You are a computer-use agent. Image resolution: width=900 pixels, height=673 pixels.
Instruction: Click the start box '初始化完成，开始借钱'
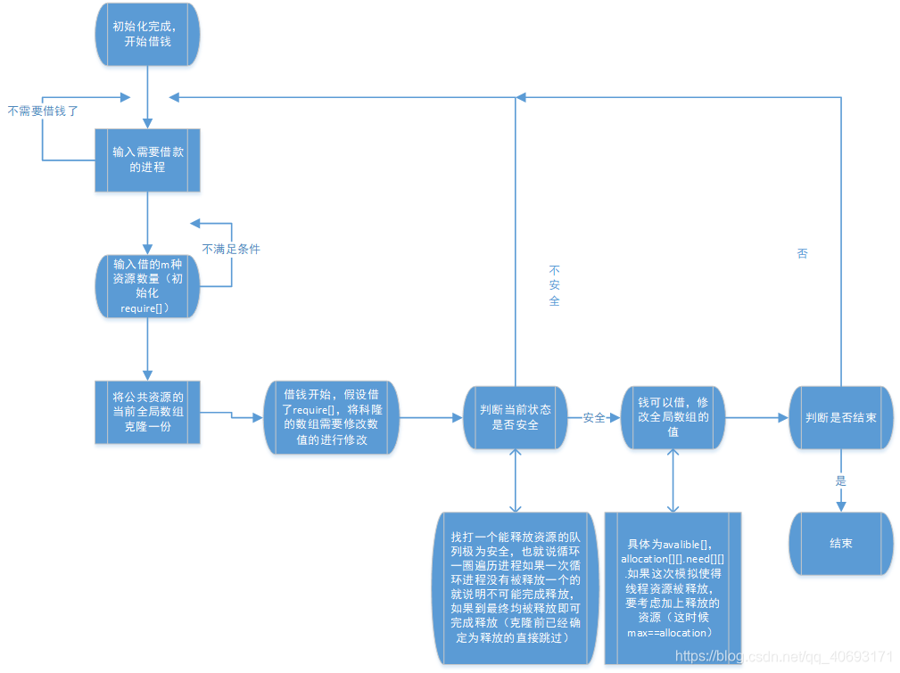[x=147, y=35]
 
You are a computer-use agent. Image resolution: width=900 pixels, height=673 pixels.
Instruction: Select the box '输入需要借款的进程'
[x=147, y=160]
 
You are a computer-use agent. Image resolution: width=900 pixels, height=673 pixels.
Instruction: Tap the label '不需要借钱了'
[x=43, y=111]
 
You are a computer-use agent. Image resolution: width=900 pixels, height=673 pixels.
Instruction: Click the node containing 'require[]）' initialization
[x=147, y=285]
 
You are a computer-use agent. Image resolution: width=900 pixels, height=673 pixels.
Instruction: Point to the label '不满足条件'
[x=231, y=249]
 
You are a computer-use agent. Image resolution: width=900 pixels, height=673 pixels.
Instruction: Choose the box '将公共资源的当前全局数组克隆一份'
[x=147, y=412]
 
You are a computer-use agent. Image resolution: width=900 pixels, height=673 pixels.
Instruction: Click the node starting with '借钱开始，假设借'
[x=330, y=417]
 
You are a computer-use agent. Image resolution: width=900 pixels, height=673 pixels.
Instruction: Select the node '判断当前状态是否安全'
[x=516, y=417]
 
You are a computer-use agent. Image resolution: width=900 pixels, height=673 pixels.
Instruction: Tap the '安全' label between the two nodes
[x=594, y=417]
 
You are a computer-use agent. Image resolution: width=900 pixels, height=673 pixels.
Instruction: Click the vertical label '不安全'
[x=554, y=285]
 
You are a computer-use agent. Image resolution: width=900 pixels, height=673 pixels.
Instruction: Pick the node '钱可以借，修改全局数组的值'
[x=673, y=417]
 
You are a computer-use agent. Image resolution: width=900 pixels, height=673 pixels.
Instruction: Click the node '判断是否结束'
[x=840, y=417]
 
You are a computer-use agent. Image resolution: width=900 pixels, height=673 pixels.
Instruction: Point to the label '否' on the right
[x=802, y=253]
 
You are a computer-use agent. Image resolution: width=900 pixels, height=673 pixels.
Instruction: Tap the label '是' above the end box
[x=839, y=480]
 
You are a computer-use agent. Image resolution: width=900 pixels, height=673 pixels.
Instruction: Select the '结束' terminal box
[x=840, y=542]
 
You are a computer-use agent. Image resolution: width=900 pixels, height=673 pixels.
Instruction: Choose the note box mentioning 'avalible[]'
[x=673, y=588]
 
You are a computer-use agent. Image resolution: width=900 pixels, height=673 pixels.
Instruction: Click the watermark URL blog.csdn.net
[x=785, y=655]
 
